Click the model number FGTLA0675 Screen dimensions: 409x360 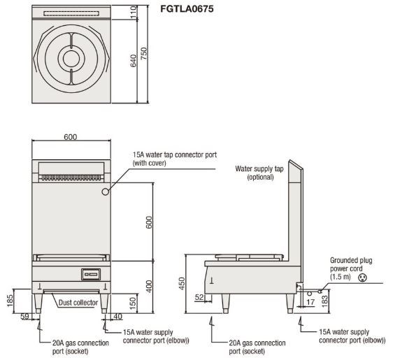(x=187, y=9)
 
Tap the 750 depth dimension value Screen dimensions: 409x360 (x=144, y=53)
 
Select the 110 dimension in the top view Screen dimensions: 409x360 (x=134, y=13)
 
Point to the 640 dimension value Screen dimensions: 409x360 (x=134, y=61)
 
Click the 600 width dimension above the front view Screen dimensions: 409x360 (x=71, y=137)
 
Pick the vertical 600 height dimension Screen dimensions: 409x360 (x=149, y=222)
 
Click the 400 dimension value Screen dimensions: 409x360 (x=149, y=286)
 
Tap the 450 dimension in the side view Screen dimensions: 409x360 (x=182, y=283)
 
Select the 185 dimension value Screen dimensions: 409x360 (x=10, y=301)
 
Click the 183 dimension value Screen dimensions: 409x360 (x=324, y=301)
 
